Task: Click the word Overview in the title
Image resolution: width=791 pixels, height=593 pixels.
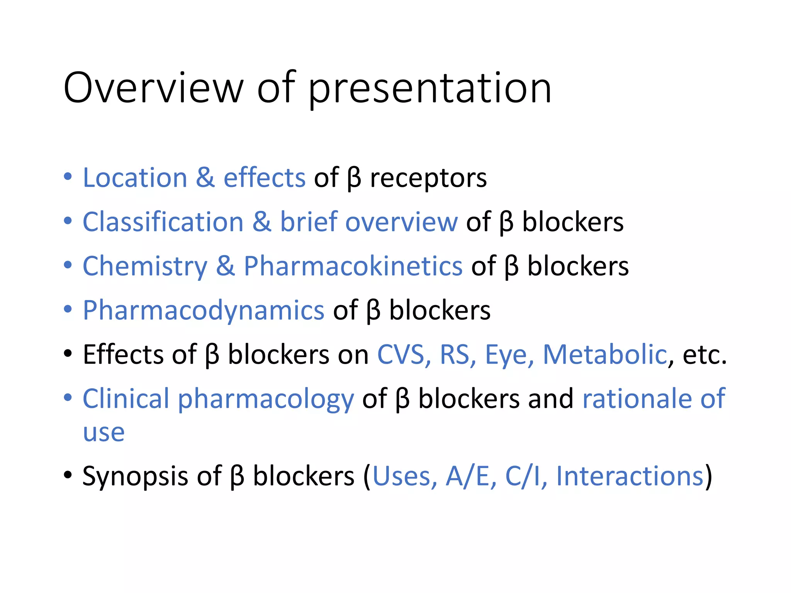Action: pos(153,88)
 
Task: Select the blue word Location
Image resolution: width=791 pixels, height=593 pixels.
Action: pos(135,178)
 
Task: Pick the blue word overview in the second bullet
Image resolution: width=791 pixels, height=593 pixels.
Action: pos(401,223)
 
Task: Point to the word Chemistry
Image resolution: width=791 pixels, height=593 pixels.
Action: pos(145,267)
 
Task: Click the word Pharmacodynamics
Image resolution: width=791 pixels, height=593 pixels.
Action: pos(204,311)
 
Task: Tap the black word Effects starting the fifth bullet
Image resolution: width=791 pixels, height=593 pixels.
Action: pos(123,354)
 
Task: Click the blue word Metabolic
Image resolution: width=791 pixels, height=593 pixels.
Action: pos(605,354)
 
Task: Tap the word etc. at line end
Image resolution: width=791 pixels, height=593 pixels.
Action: pos(704,355)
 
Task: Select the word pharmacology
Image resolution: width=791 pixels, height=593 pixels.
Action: pos(266,400)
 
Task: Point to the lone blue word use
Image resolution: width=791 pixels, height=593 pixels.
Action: pos(104,432)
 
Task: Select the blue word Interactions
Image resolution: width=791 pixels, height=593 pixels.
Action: pos(630,476)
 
